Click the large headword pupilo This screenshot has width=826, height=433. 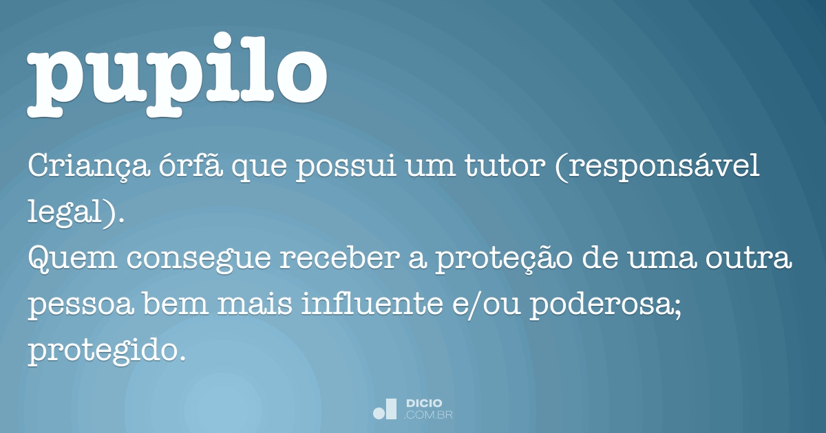178,74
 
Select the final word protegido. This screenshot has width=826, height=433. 106,352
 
